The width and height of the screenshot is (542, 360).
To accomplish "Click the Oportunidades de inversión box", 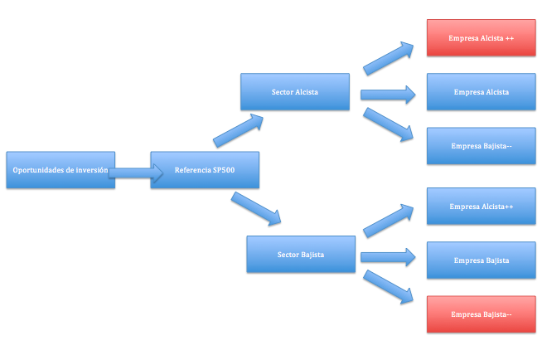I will [60, 170].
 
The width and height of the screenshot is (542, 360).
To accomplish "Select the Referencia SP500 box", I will [205, 170].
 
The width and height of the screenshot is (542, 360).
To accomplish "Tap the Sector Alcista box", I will [294, 92].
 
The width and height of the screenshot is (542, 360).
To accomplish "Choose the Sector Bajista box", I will [301, 254].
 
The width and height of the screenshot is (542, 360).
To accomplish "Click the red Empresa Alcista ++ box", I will [481, 38].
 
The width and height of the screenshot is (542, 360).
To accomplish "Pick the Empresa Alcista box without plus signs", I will [481, 92].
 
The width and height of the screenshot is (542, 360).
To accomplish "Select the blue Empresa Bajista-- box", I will [481, 146].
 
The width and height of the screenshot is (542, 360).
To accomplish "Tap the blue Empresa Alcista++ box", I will [481, 207].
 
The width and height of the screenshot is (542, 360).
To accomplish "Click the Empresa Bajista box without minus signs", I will [481, 260].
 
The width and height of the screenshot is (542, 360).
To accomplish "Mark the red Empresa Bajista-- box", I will [481, 314].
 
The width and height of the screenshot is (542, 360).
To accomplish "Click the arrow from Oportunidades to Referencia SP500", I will [135, 173].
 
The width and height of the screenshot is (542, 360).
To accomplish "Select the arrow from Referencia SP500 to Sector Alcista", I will [239, 131].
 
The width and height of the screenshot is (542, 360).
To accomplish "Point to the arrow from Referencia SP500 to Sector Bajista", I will [257, 209].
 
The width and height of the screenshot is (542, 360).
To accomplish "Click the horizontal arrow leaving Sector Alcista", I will [388, 95].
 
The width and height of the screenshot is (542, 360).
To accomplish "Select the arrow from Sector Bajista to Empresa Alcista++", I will [389, 219].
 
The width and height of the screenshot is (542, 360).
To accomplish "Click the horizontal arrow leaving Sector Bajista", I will [388, 257].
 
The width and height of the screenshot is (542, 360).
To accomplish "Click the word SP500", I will [225, 170].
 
